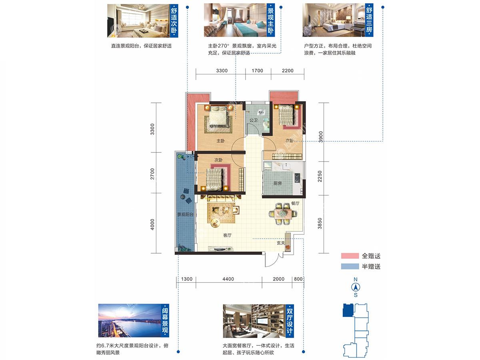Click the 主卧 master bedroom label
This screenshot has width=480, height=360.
tap(220, 141)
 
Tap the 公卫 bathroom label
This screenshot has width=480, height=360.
tap(254, 120)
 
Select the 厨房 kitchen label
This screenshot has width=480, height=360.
tap(278, 183)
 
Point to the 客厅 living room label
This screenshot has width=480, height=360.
tap(227, 235)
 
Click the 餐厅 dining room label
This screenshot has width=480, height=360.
tap(295, 203)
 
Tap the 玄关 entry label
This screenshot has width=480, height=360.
tap(281, 243)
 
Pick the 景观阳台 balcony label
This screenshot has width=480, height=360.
tap(186, 214)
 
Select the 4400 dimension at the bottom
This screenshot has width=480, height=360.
tap(228, 279)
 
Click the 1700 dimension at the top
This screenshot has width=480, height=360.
tap(257, 71)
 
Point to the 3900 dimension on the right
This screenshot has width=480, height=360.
tap(320, 137)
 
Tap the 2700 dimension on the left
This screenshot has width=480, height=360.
tap(152, 174)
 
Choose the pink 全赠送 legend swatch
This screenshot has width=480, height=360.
tap(350, 256)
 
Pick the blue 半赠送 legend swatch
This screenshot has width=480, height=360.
tap(350, 266)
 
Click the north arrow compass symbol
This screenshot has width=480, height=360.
tap(356, 287)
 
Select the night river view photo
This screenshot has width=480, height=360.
tap(130, 320)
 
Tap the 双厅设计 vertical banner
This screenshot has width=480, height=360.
tap(290, 321)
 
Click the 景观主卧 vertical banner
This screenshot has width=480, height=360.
tap(270, 20)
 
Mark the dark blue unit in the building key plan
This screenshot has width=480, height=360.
tap(348, 310)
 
